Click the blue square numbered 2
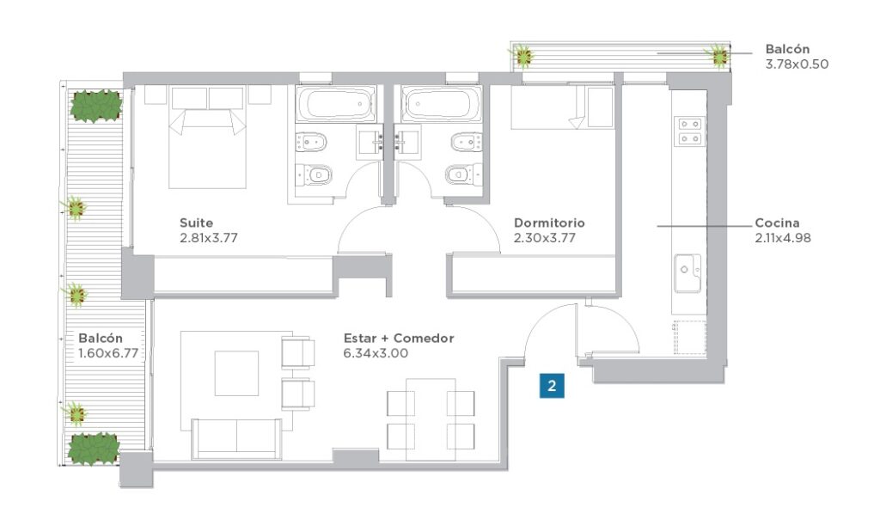point(552,386)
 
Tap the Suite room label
point(197,223)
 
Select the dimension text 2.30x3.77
point(544,238)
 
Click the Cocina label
point(777,223)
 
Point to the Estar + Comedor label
point(399,339)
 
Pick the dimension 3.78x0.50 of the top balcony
point(797,64)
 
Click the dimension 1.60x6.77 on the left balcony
point(108,353)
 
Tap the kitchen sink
point(687,273)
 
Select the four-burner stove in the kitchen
point(690,131)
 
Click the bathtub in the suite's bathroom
point(336,104)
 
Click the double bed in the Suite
point(208,137)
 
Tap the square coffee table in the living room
point(237,373)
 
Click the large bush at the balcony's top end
point(96,106)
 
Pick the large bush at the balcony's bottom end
point(94,449)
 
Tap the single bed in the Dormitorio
point(562,107)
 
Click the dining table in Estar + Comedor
point(431,419)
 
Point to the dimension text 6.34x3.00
point(376,353)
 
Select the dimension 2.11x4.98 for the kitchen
point(783,238)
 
